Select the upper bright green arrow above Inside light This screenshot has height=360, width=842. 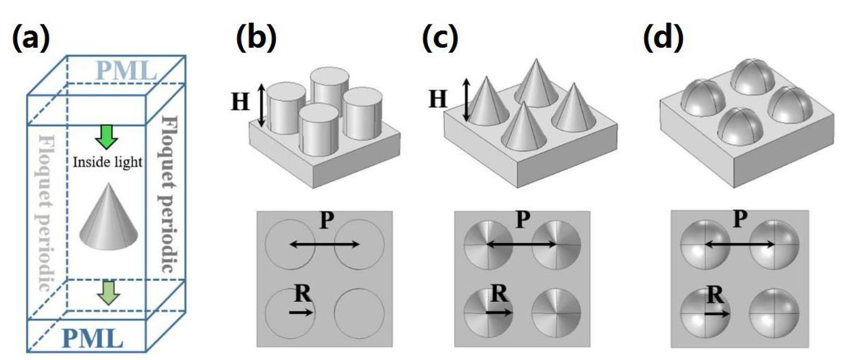(x=106, y=137)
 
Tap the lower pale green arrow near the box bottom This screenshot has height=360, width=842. (x=109, y=292)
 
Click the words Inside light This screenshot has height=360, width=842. (x=107, y=162)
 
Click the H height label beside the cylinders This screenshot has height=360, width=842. (x=240, y=102)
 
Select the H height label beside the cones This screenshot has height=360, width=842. (x=438, y=99)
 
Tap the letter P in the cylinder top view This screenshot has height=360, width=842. (x=326, y=221)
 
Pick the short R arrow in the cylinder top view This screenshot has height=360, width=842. (x=301, y=312)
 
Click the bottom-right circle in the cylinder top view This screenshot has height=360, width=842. (x=359, y=313)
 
